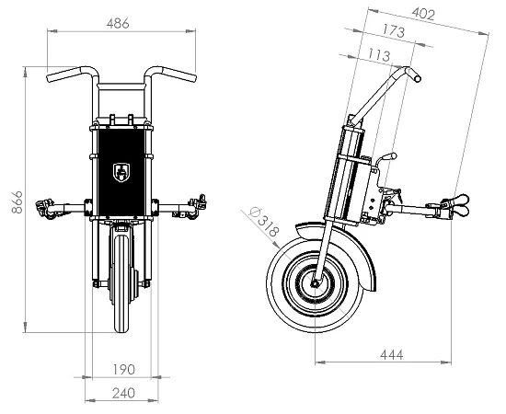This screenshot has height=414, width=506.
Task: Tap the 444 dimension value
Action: point(389,353)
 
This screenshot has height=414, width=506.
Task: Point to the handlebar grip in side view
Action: point(409,73)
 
